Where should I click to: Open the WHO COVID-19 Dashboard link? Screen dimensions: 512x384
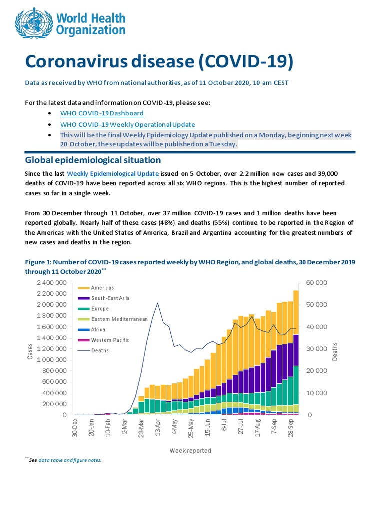102,113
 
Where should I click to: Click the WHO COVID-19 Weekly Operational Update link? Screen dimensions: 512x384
127,124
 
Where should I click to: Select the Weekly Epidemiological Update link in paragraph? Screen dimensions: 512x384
112,173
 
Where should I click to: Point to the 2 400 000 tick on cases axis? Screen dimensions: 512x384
52,283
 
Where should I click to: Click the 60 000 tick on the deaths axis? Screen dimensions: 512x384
317,283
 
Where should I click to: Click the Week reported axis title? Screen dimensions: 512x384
190,451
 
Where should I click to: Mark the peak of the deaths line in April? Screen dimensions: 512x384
158,303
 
